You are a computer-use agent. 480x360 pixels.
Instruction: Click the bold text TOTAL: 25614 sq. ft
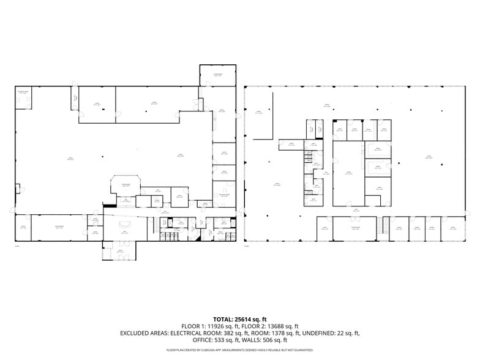pos(240,320)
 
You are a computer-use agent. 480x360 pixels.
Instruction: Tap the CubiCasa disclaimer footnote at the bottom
pos(240,350)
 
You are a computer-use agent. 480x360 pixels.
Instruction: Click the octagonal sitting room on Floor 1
pos(126,186)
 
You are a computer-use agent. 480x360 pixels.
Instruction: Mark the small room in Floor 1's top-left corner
pos(23,98)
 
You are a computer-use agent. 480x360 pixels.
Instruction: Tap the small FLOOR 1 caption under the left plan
pos(17,246)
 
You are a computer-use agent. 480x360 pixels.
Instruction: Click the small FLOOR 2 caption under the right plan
pos(247,246)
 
